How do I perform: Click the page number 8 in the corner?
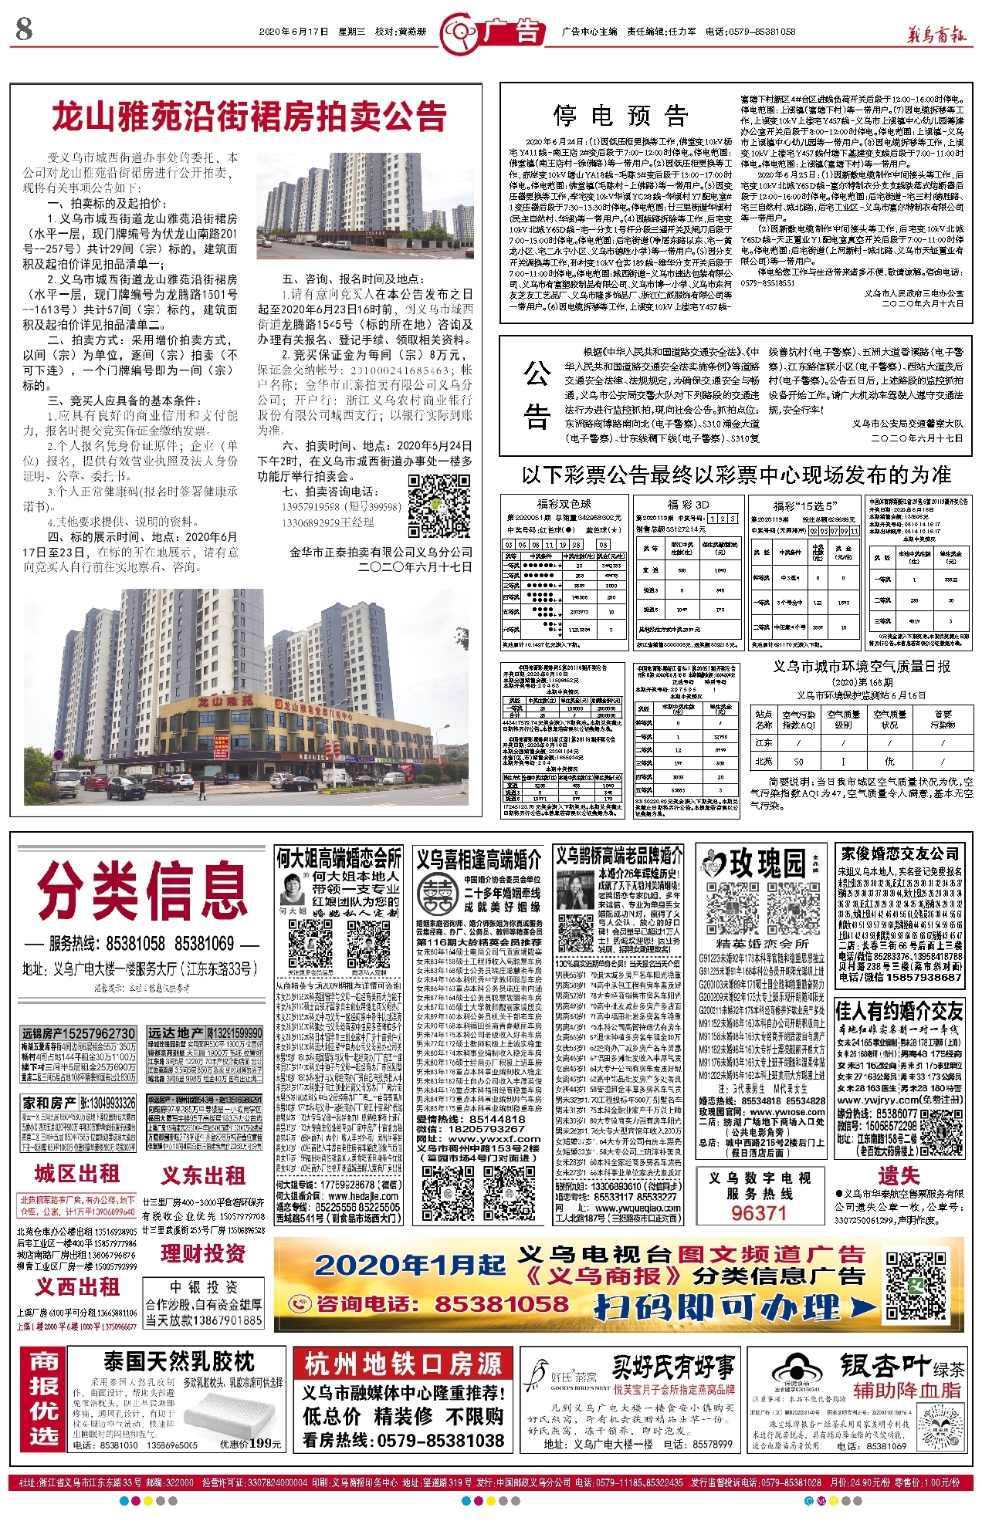[24, 30]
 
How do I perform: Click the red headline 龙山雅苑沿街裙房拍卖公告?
[249, 117]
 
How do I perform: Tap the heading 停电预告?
[621, 116]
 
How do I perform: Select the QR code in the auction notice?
[439, 505]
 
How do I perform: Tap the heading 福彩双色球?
[564, 504]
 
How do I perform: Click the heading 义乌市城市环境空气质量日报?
[862, 666]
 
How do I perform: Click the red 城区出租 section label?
[76, 1174]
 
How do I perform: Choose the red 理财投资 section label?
[203, 1253]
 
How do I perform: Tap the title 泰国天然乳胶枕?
[179, 1361]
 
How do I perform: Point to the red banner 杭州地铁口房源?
[403, 1364]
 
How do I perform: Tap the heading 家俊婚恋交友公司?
[899, 853]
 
